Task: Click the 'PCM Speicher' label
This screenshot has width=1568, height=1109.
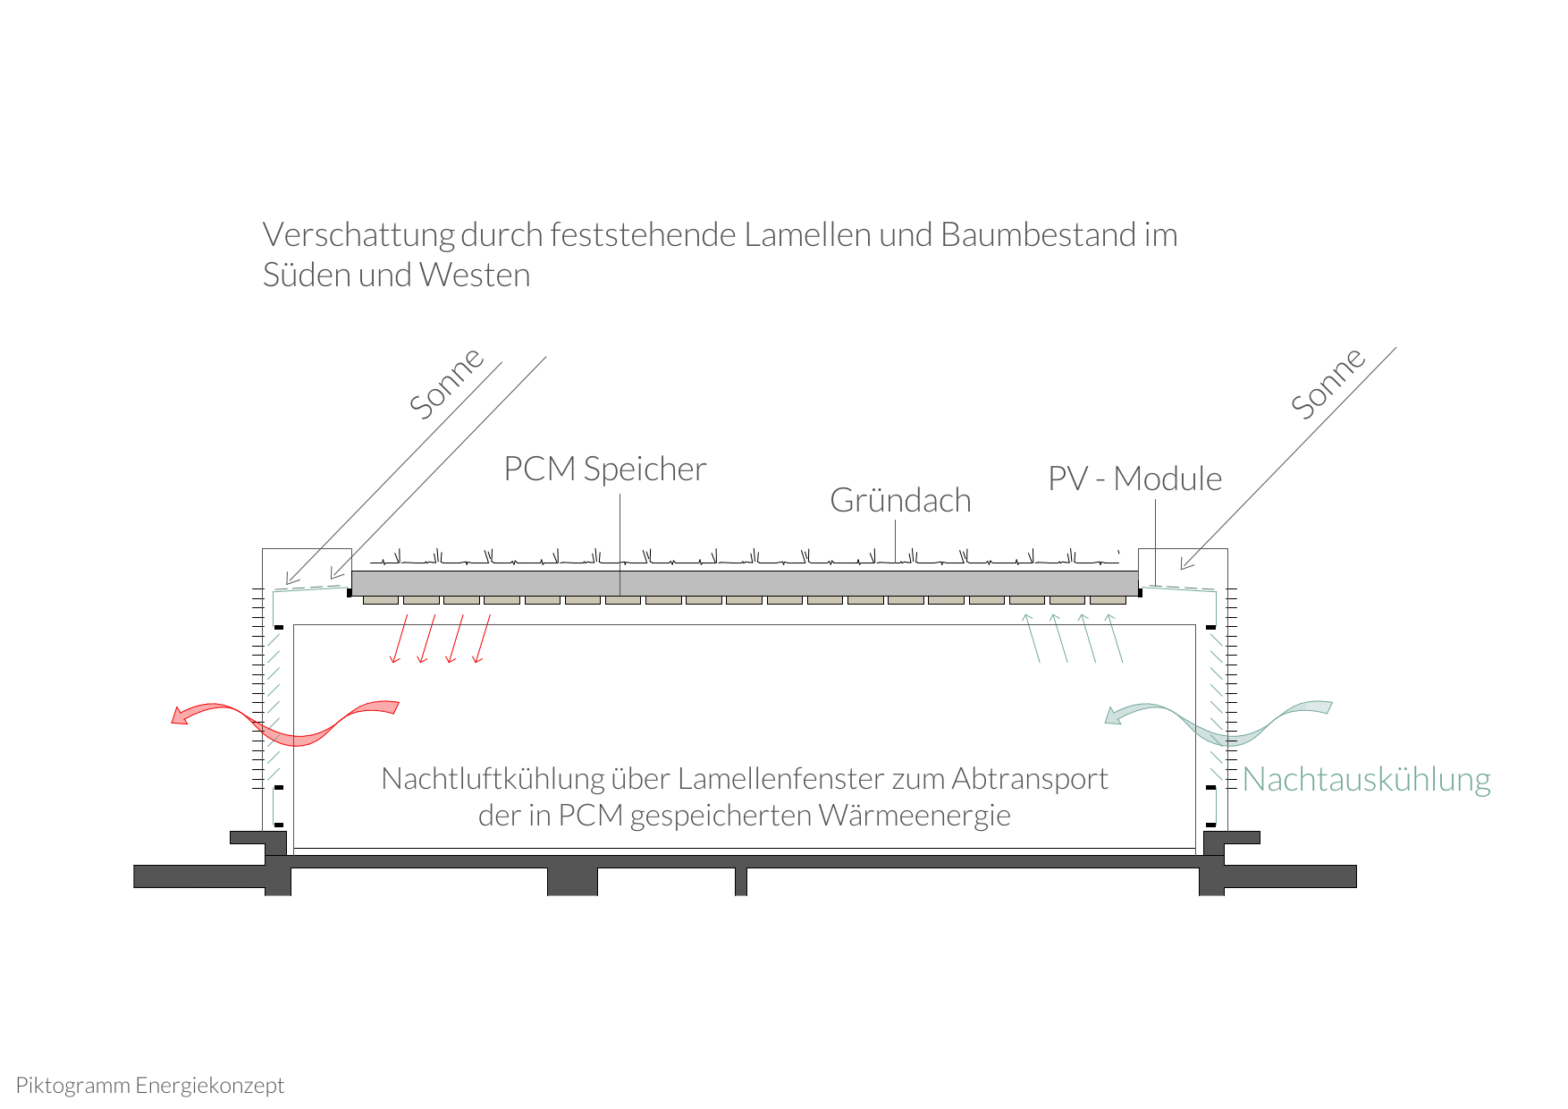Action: (605, 469)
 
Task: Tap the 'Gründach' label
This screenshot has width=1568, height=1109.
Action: (900, 500)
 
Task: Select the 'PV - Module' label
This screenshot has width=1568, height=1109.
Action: (1134, 478)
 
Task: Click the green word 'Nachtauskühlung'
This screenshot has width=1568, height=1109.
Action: (1366, 780)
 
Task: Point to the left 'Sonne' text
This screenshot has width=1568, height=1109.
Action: (446, 383)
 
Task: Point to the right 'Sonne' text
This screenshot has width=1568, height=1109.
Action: (1328, 383)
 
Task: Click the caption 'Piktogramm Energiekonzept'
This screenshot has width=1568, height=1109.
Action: (150, 1086)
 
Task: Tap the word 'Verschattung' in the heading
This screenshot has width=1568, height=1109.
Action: (359, 235)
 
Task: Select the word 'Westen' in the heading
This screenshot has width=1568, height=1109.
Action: (475, 275)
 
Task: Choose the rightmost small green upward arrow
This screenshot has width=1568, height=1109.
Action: (1115, 638)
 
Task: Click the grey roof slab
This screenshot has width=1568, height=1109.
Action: (745, 583)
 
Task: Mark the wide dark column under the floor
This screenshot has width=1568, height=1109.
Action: (572, 881)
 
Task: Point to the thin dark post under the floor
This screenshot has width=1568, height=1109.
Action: (741, 881)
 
